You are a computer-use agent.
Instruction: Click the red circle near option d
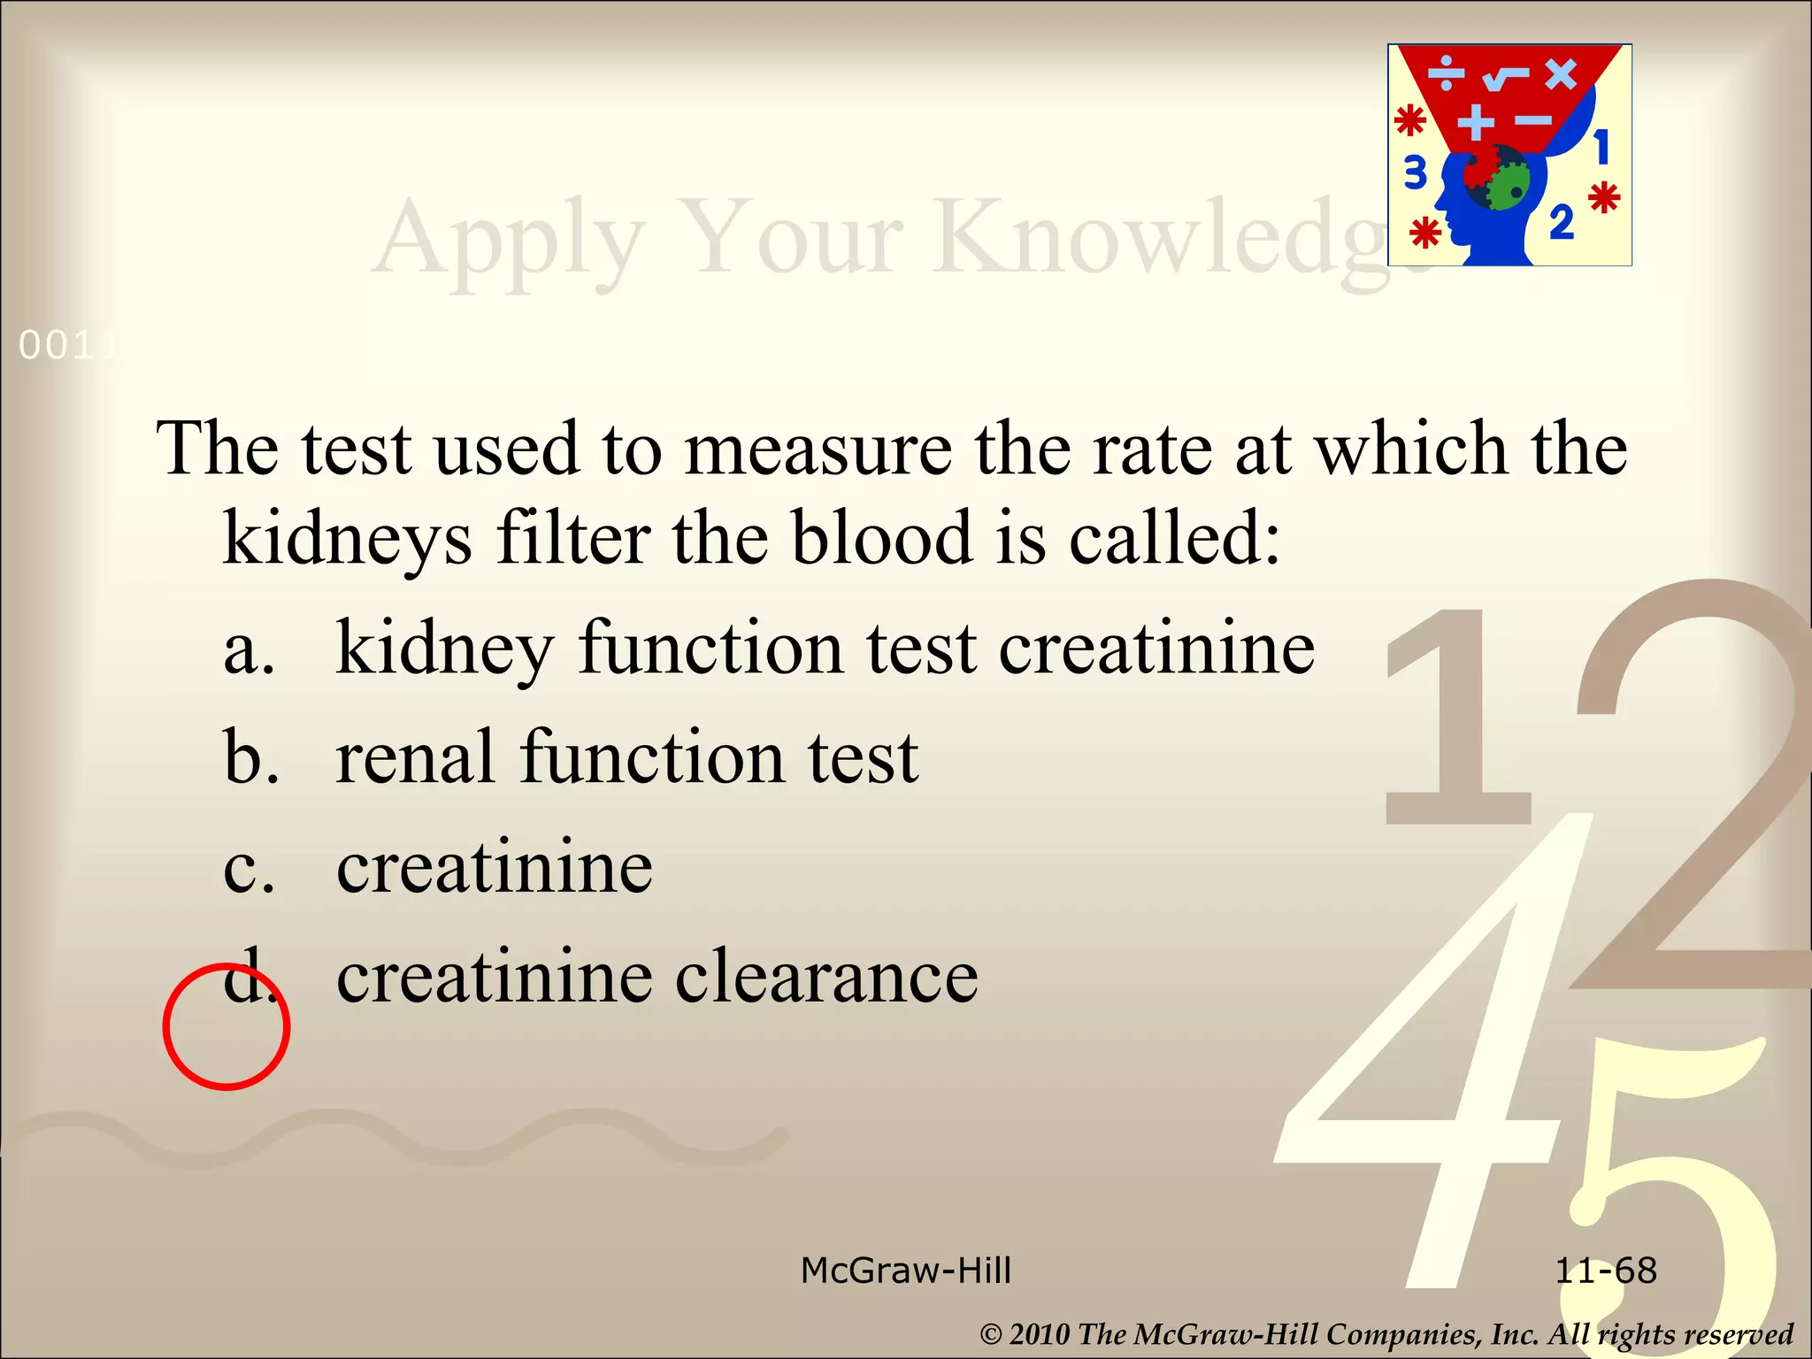226,1026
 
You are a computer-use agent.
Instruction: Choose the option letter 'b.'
251,757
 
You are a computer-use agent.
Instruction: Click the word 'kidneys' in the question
348,541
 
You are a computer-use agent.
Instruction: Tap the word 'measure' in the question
818,449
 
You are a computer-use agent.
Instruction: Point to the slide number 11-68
1605,1271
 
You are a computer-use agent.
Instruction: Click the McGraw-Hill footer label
905,1271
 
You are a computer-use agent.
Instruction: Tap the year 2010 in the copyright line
1039,1334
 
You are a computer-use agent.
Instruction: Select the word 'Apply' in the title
509,239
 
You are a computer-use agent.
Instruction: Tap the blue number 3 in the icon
1416,173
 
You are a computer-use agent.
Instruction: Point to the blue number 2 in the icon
1562,221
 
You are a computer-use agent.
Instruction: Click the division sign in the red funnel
1447,74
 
